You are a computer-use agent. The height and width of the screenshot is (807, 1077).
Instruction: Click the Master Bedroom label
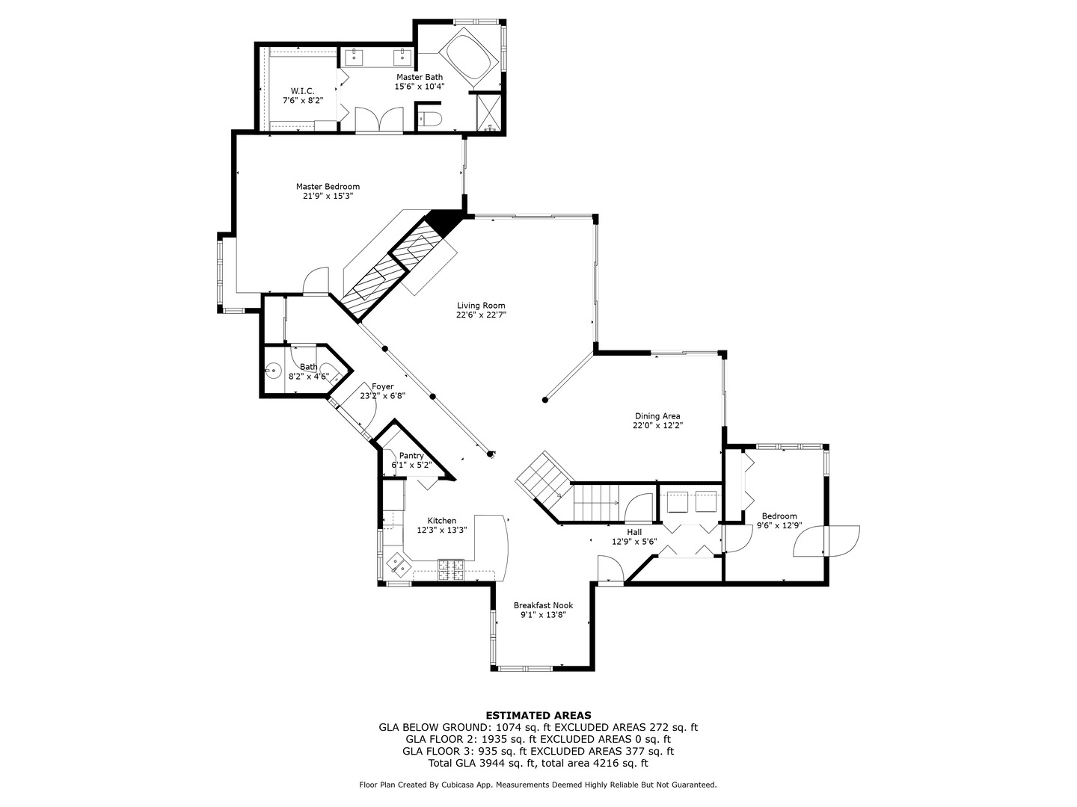328,187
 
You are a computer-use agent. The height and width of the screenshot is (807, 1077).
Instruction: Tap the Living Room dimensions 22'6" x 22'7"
481,315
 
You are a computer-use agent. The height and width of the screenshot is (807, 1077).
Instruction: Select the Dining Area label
657,416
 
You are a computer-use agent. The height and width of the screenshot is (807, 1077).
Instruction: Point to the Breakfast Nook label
543,605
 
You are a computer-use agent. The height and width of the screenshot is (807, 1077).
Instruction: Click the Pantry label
411,456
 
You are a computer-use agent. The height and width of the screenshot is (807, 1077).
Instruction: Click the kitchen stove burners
450,569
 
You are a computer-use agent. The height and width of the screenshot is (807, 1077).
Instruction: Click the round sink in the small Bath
274,370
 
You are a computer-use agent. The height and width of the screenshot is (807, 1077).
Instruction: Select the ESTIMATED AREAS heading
538,715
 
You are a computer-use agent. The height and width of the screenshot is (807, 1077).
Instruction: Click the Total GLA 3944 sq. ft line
538,763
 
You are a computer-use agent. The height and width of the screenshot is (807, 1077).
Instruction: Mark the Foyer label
382,386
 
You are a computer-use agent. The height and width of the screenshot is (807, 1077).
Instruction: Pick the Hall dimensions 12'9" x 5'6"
633,542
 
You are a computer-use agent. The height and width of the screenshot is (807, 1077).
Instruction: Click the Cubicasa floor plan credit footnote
538,785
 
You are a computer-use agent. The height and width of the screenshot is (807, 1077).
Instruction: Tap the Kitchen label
441,521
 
